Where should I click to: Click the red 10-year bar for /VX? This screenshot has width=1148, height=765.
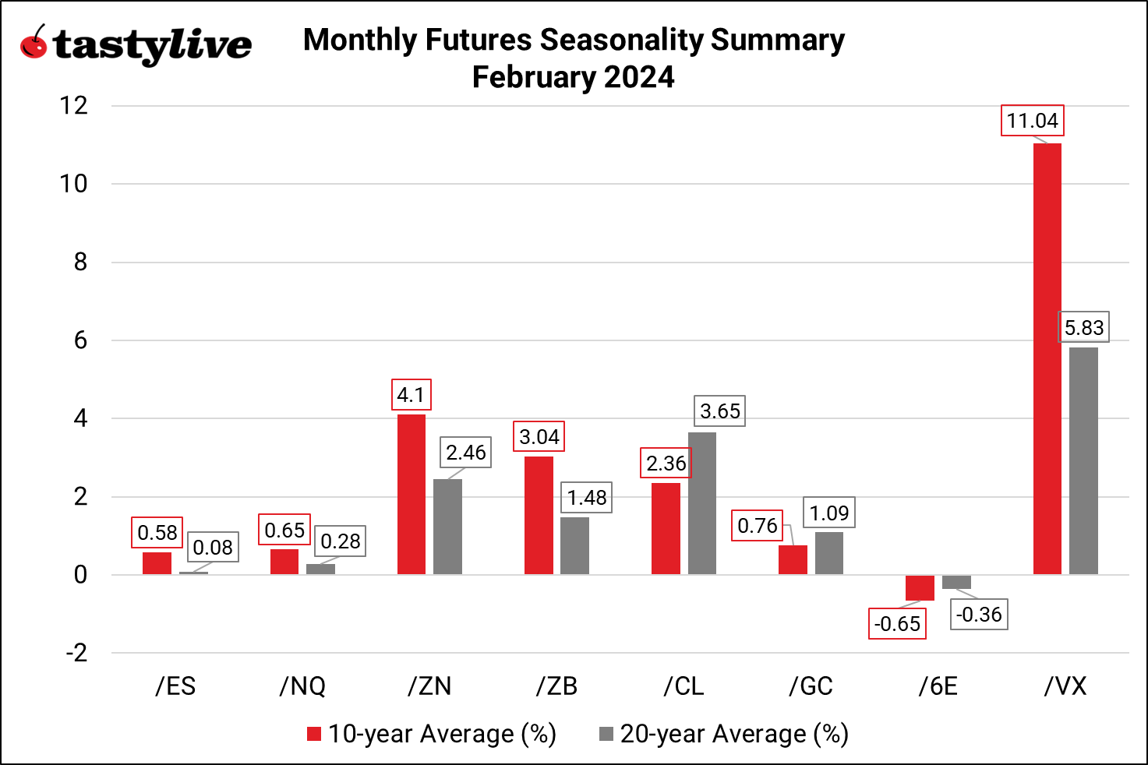1047,358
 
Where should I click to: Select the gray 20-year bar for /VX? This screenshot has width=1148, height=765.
1083,461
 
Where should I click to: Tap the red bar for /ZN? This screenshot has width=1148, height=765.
412,495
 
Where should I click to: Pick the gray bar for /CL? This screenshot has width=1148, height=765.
701,503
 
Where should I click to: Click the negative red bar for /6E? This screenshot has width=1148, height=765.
920,588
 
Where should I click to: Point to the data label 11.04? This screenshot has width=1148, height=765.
1032,121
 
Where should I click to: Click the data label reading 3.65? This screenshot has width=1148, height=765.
719,411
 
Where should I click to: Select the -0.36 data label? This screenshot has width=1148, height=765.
979,615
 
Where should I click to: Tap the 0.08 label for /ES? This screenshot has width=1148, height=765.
213,548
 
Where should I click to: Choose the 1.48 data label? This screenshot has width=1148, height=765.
586,498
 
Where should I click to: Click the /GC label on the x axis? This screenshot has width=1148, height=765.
811,686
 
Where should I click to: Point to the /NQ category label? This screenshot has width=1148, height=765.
302,686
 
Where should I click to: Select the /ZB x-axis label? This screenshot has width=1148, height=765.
556,686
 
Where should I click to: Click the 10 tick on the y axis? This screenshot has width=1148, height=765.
74,185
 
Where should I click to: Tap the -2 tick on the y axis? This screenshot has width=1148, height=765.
76,654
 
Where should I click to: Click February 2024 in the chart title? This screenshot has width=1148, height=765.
573,77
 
